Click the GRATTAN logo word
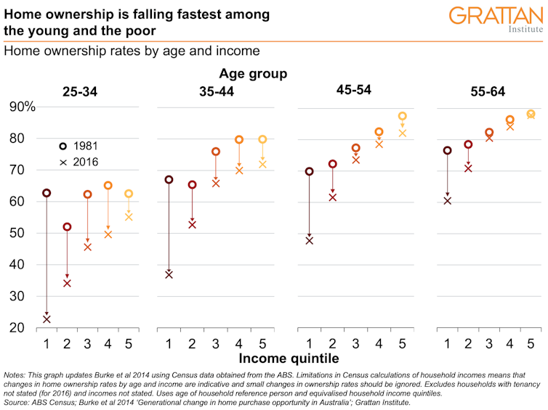[495, 16]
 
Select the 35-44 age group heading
[216, 91]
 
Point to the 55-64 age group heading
[488, 91]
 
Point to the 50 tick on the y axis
[27, 233]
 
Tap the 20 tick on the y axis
[27, 328]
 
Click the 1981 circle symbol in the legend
[63, 145]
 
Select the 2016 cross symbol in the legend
[63, 162]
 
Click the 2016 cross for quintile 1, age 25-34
[47, 319]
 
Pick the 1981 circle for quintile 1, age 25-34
[47, 193]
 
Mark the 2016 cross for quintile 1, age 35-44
[169, 274]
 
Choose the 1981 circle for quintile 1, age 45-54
[310, 171]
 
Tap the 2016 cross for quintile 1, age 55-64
[448, 200]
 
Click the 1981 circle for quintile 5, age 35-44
[262, 139]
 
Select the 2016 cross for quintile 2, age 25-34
[68, 283]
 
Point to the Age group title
[253, 73]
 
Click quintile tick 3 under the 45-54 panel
[356, 342]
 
